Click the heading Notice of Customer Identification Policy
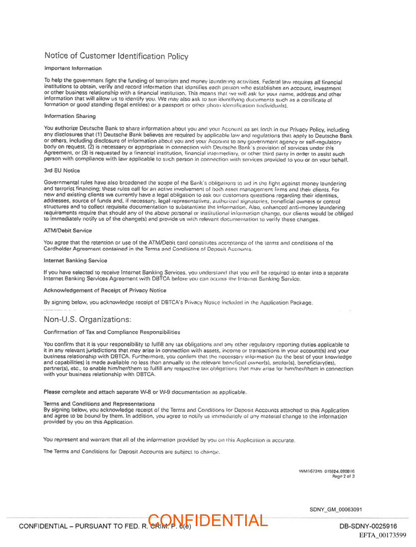[x=116, y=56]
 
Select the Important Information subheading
[x=73, y=68]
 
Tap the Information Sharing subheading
[x=70, y=116]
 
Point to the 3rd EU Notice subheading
[x=62, y=170]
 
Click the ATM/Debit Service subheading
[x=68, y=231]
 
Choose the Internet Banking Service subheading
[x=75, y=261]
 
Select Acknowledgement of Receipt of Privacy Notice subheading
[x=105, y=291]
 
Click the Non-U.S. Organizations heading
[x=88, y=319]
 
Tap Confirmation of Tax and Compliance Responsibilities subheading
[x=112, y=332]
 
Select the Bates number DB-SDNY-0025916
[x=368, y=526]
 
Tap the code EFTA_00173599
[x=382, y=535]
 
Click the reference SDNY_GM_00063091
[x=336, y=509]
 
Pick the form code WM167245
[x=310, y=472]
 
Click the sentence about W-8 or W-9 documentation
[x=145, y=392]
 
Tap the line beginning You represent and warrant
[x=169, y=439]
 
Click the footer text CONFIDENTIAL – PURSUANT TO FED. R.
[x=82, y=526]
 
